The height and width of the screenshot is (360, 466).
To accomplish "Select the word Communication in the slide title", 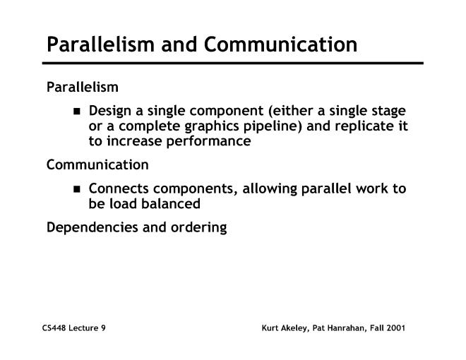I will pos(281,45).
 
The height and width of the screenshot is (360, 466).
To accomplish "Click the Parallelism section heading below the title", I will pos(83,88).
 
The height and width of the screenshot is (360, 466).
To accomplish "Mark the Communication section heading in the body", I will pos(97,165).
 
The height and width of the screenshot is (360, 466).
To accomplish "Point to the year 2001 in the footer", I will pos(395,329).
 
